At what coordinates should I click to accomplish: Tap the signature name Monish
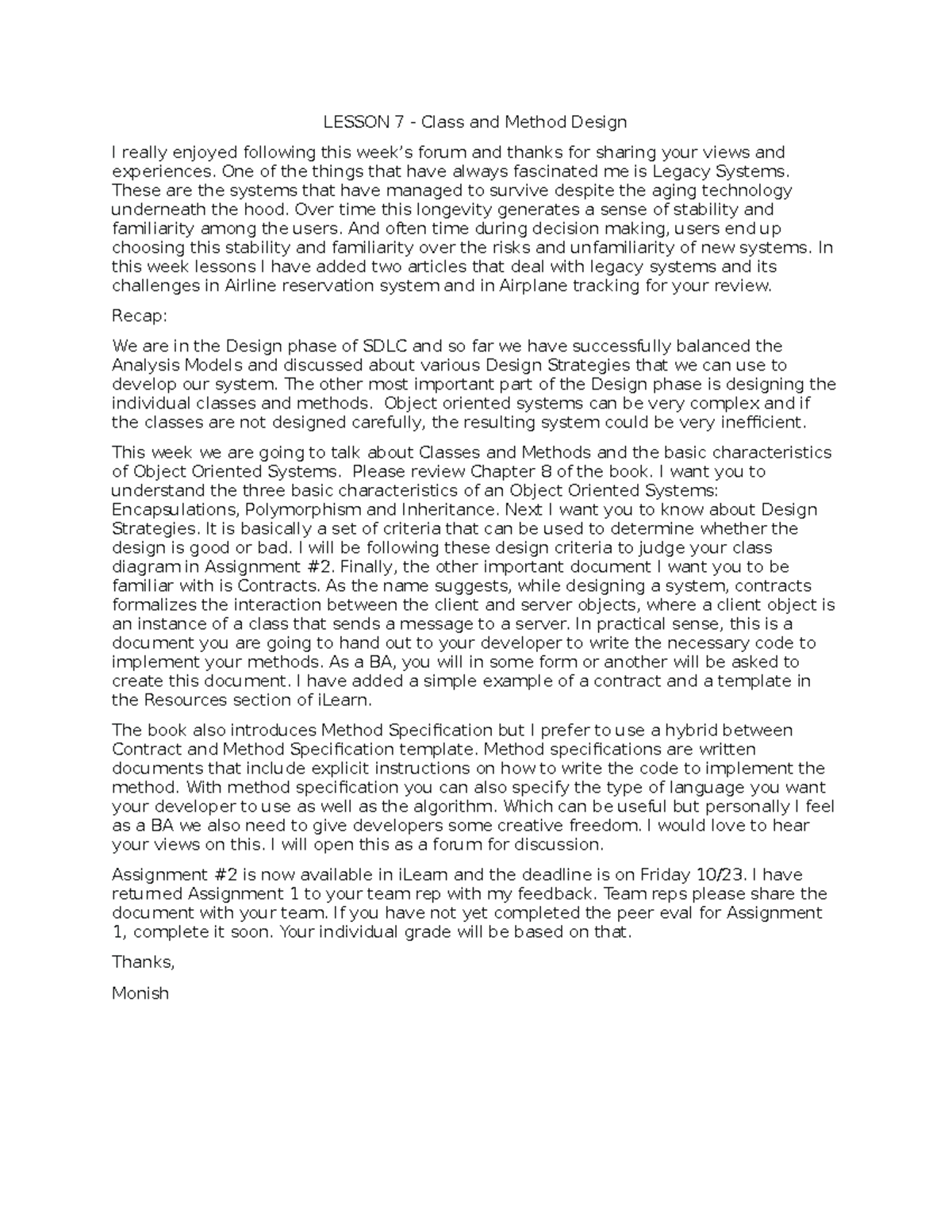tap(140, 992)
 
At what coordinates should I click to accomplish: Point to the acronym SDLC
tap(385, 346)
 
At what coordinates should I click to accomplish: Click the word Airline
tap(251, 286)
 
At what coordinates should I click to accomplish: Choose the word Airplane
tap(532, 286)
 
